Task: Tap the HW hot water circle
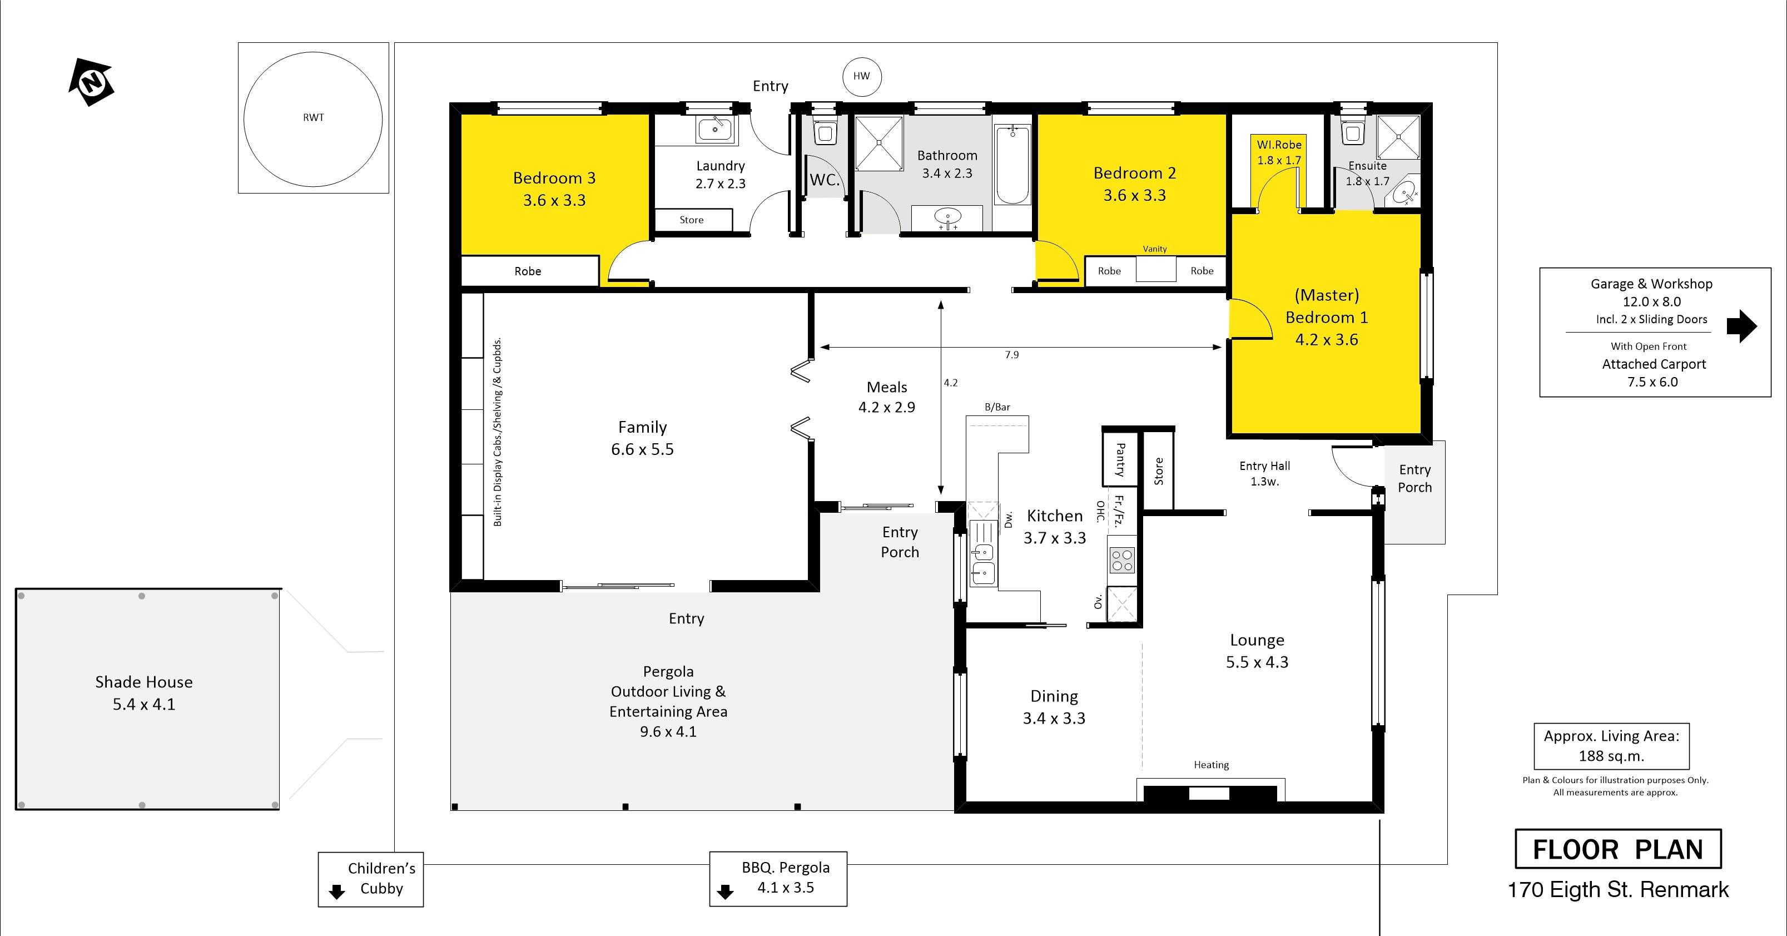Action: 862,76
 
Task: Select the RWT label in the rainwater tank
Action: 314,117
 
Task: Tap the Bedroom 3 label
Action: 554,179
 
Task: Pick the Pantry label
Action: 1120,460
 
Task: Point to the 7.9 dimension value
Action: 1012,355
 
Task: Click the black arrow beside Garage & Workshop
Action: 1741,325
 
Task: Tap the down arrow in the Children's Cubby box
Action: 337,892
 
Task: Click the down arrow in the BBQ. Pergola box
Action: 726,891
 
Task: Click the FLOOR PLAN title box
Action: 1618,849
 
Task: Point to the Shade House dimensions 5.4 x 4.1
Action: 145,704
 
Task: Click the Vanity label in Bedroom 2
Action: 1155,249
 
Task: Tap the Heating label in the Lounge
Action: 1211,765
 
